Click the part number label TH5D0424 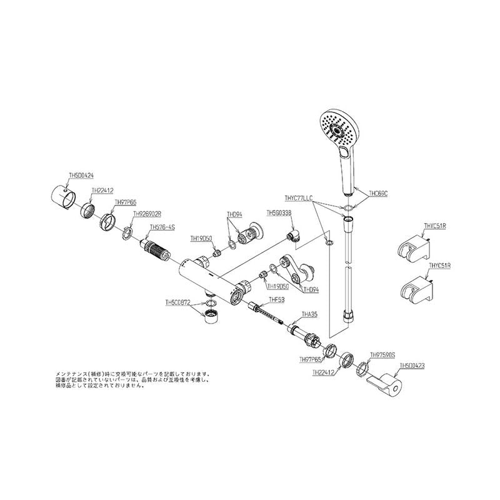[x=81, y=177]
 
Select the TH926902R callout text [x=148, y=213]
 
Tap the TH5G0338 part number [x=279, y=212]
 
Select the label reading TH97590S [x=383, y=354]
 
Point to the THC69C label [x=379, y=194]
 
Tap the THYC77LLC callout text [x=302, y=197]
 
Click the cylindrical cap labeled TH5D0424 [x=62, y=195]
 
